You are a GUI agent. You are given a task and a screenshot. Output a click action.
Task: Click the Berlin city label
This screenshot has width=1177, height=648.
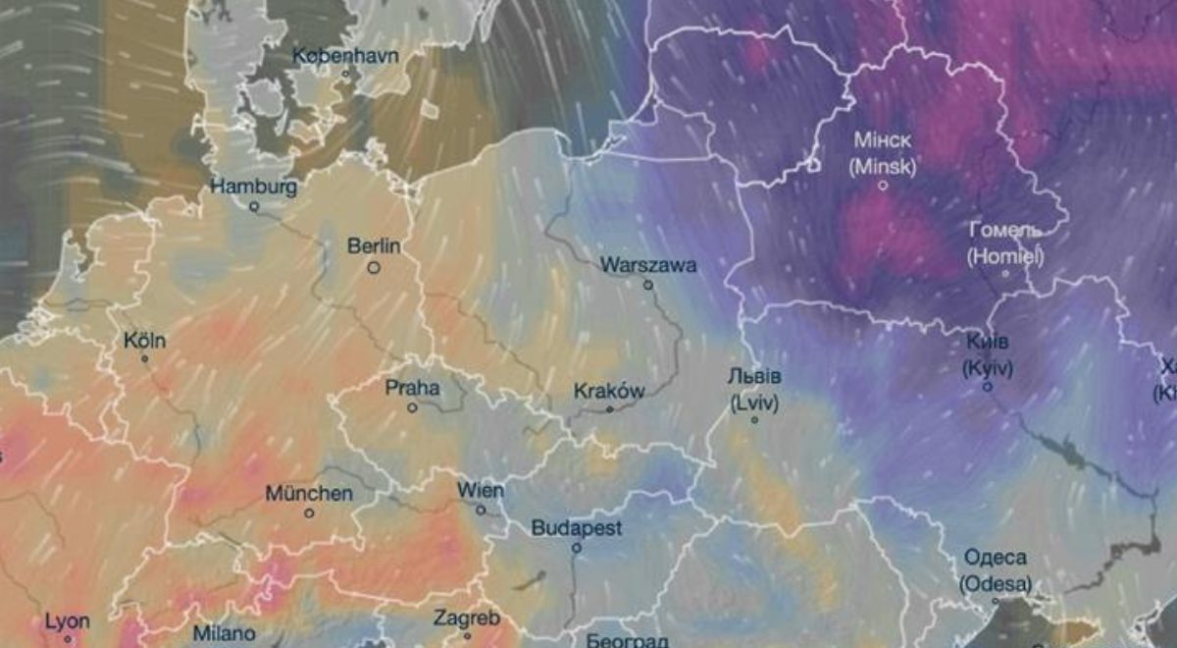point(375,245)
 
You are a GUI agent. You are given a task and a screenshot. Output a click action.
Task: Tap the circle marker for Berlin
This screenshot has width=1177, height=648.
point(374,266)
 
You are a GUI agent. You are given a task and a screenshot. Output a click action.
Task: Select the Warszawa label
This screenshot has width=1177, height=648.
point(648,265)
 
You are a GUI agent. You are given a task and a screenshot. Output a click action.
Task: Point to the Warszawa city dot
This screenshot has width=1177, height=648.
point(647,285)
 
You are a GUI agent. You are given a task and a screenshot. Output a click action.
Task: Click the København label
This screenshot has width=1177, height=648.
point(345,55)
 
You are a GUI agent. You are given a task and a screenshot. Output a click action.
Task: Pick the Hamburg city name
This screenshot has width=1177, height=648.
point(254,187)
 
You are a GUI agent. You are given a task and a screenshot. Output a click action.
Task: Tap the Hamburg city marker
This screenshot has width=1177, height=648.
point(254,206)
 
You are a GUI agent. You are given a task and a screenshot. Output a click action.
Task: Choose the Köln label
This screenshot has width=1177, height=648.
point(145,342)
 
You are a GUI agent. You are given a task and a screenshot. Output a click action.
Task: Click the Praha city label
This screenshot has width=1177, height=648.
point(412,388)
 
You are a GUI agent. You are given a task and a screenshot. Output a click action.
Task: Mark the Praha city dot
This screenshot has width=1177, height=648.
point(412,407)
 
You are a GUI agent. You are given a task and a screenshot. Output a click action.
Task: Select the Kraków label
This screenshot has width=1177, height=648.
point(609,391)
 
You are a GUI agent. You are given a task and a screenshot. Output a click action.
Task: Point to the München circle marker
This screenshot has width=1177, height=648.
point(309,513)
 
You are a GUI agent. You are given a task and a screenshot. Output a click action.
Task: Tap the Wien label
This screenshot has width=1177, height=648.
point(481,490)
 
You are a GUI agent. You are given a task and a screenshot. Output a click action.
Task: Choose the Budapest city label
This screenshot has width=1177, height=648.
point(577,528)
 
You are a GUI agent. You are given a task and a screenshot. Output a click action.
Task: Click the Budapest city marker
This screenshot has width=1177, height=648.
point(577,548)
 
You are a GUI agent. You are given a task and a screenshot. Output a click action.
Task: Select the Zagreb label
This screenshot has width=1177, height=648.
point(467,619)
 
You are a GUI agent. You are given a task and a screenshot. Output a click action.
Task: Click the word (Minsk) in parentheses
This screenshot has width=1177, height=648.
point(883,167)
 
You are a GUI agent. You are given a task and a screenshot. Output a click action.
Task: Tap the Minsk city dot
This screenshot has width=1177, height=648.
point(883,185)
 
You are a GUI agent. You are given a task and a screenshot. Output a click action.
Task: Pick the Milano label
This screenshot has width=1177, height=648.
point(224,633)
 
